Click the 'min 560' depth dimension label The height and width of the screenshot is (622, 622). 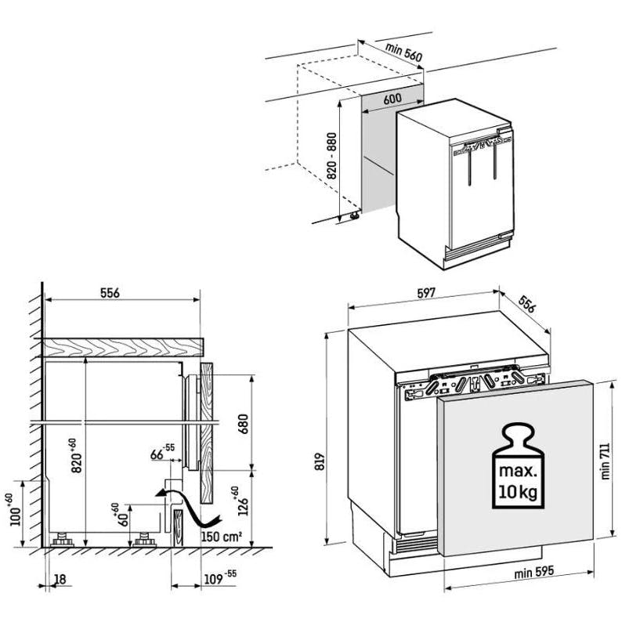coord(403,52)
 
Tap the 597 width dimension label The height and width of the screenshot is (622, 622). coord(424,293)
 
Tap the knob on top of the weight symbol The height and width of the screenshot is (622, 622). coord(515,433)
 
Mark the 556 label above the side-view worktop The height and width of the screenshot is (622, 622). coord(109,293)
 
